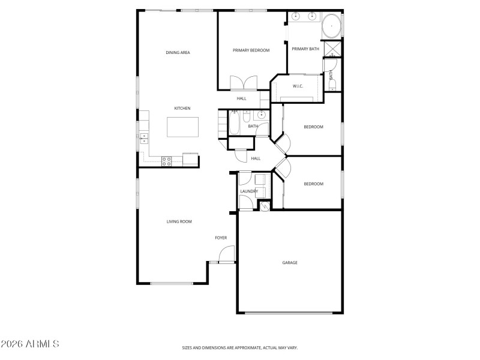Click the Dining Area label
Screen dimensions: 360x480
point(178,53)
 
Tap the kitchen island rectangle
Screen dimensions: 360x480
point(182,127)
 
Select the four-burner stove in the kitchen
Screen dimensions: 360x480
point(167,160)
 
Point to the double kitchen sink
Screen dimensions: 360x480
point(144,137)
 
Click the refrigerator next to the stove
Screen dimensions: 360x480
point(190,159)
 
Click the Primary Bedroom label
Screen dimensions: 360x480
point(251,50)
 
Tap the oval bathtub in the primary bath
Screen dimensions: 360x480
point(332,27)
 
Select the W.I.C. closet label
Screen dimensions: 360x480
point(298,86)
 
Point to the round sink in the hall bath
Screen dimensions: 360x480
point(262,115)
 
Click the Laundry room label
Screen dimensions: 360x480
point(249,191)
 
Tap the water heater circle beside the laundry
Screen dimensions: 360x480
point(263,206)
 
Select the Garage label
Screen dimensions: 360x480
point(290,263)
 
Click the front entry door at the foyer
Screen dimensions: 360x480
point(226,256)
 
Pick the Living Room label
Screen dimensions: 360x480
point(179,222)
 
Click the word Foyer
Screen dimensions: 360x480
point(221,238)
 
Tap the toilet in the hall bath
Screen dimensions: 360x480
point(247,115)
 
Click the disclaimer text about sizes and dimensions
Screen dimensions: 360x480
point(240,347)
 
